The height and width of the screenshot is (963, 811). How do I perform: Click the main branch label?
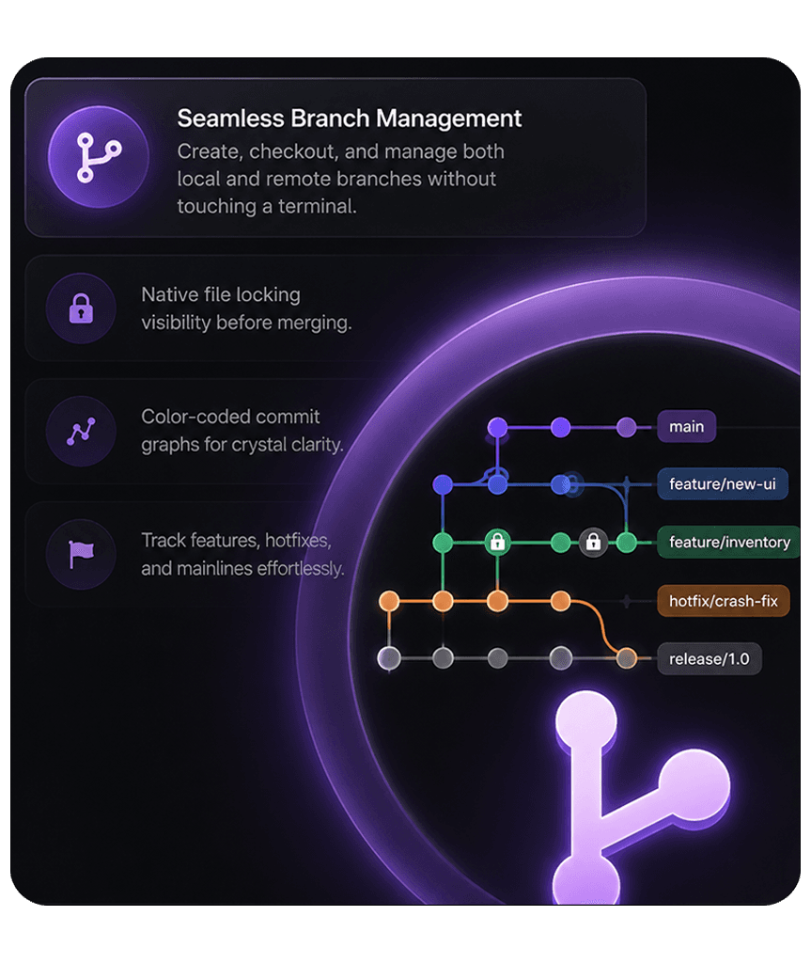(686, 426)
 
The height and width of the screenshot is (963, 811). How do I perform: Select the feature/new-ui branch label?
(723, 484)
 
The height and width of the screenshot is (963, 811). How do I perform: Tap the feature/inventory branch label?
(729, 543)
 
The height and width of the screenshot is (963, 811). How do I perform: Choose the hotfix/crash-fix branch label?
(724, 601)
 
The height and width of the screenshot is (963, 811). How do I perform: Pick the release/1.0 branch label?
(710, 659)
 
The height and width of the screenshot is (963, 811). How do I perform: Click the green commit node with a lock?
(497, 543)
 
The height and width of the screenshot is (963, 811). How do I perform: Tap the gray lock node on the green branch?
(593, 543)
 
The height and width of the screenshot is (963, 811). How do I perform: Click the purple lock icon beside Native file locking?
(81, 308)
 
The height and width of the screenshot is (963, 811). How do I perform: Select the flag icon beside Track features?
(81, 555)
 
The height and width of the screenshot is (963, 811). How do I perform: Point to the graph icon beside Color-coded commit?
(81, 431)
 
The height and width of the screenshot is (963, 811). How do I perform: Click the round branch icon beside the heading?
(99, 157)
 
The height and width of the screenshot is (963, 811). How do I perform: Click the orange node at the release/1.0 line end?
(626, 658)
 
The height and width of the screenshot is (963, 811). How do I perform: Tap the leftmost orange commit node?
(389, 601)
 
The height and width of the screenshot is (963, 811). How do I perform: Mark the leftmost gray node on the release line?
(389, 658)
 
